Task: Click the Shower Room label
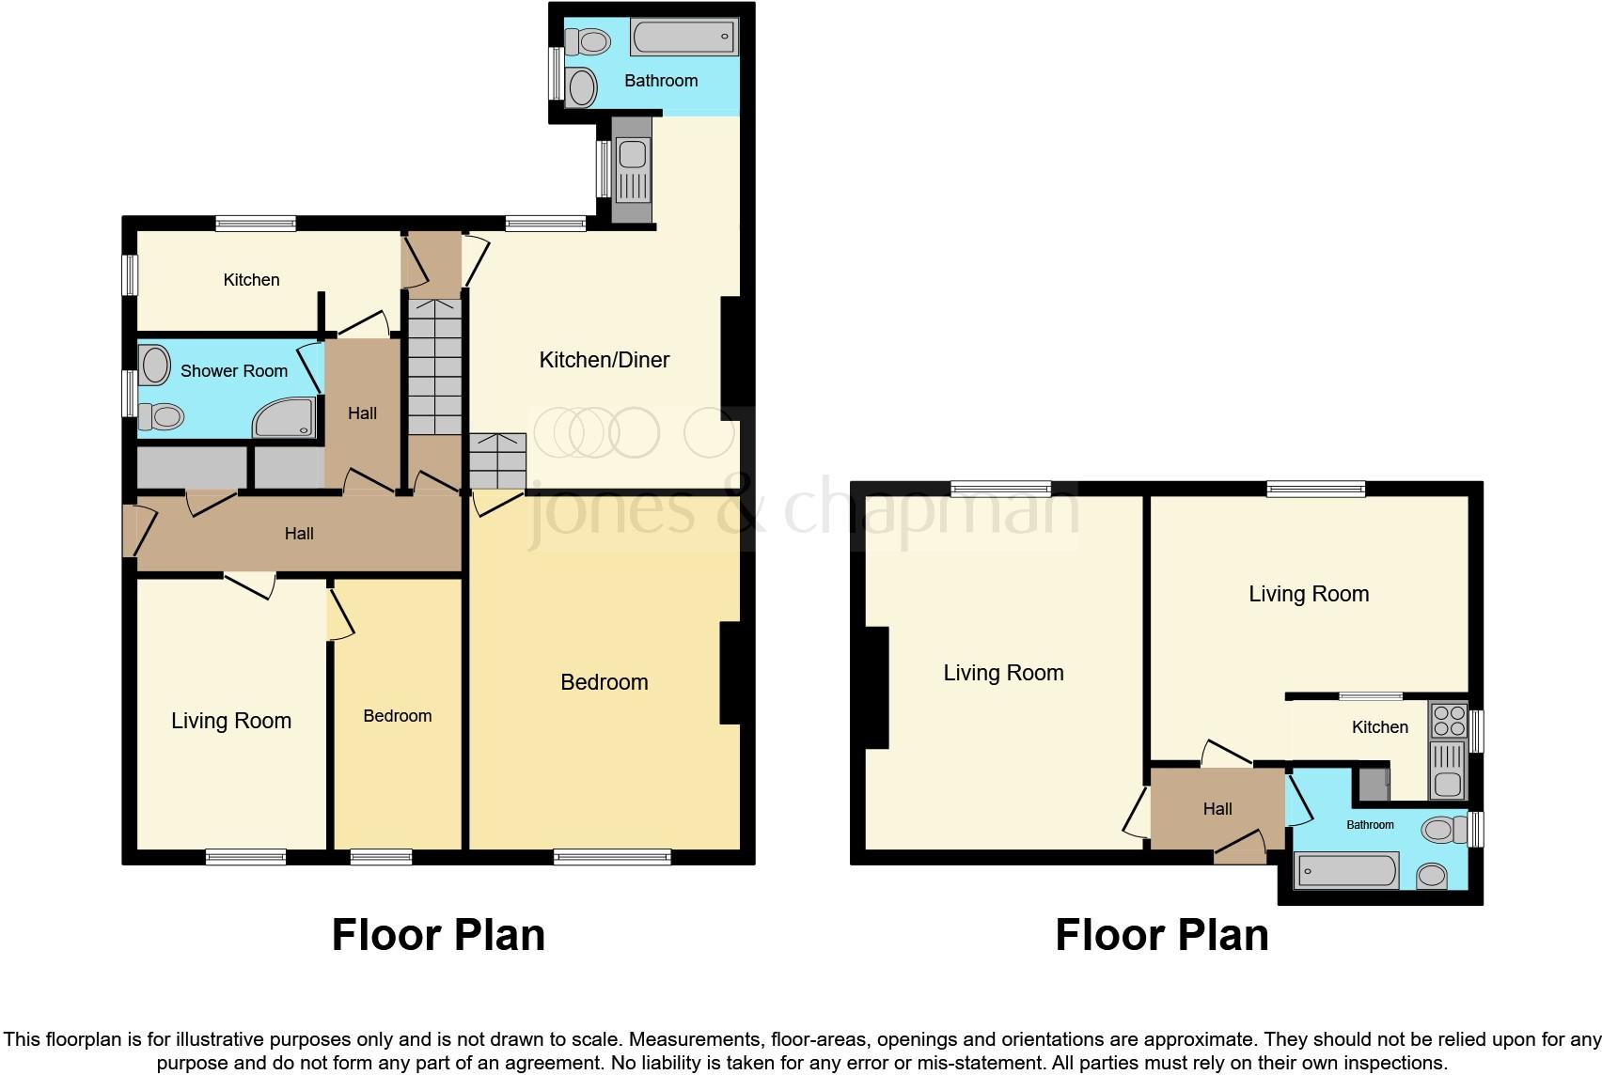(x=234, y=371)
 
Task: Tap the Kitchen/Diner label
(x=605, y=360)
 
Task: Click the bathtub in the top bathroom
(x=683, y=38)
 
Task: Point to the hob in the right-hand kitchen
(x=1448, y=721)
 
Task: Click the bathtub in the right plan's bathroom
(x=1346, y=870)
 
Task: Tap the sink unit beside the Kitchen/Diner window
(x=632, y=170)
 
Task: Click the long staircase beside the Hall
(x=435, y=366)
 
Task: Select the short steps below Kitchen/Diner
(x=497, y=461)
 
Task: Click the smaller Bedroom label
(x=398, y=716)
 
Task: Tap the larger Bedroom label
(x=605, y=682)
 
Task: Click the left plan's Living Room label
(x=231, y=721)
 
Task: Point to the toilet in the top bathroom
(x=588, y=41)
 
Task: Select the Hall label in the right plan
(x=1217, y=809)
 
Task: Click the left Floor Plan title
(x=438, y=935)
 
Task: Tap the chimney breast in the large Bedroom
(x=730, y=674)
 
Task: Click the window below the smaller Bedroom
(x=381, y=856)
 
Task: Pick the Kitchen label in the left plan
(x=251, y=279)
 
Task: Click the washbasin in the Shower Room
(x=154, y=365)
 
